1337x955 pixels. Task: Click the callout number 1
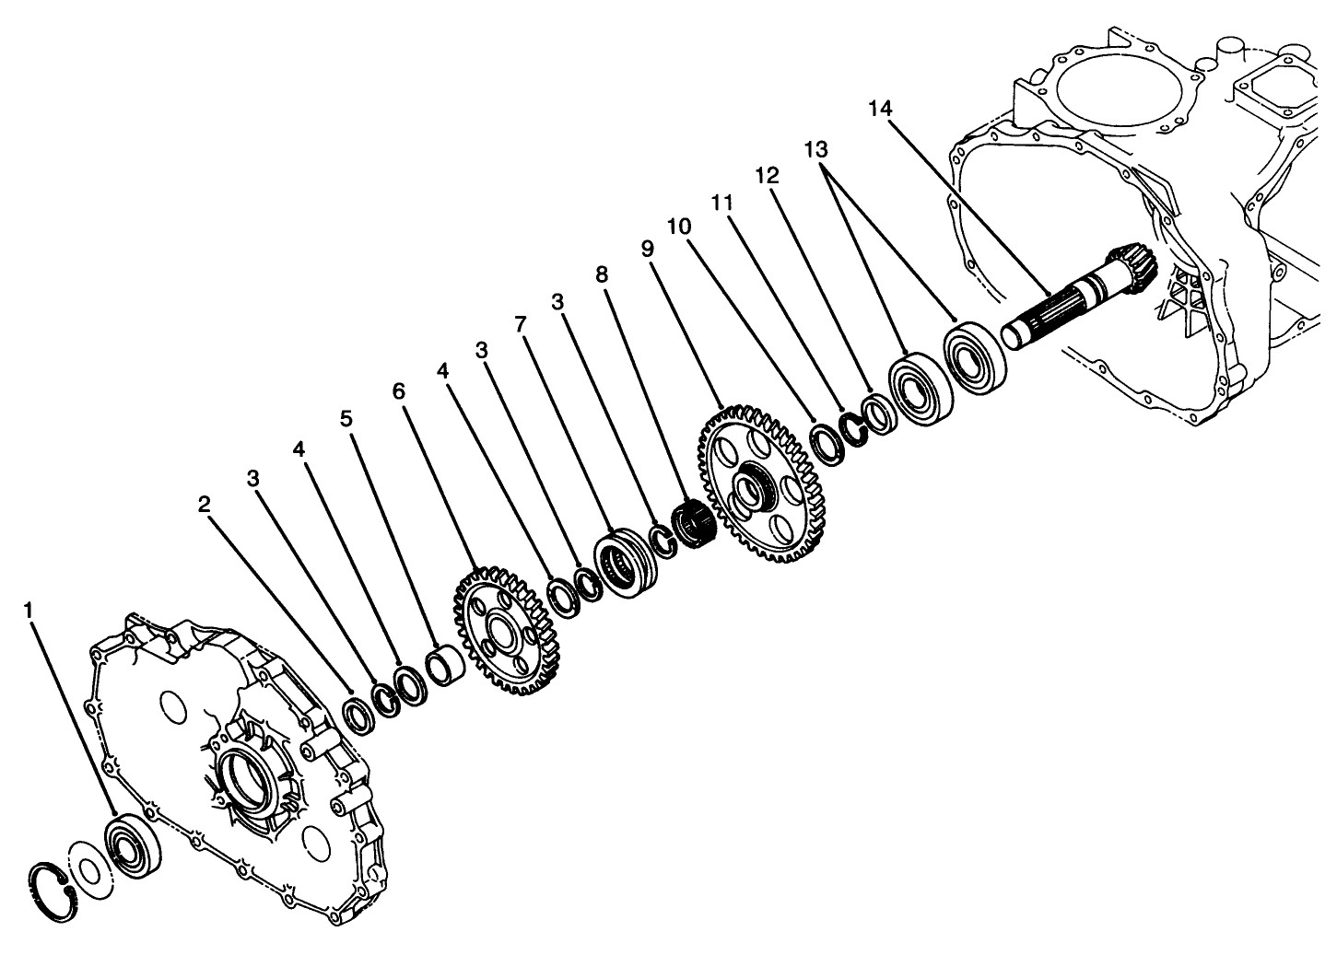pos(29,611)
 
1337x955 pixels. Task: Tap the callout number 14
pos(880,109)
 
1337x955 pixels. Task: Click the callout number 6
pos(398,390)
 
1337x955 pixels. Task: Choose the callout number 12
pos(768,175)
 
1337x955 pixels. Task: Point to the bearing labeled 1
pos(131,846)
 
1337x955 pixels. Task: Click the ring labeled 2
pos(358,715)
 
